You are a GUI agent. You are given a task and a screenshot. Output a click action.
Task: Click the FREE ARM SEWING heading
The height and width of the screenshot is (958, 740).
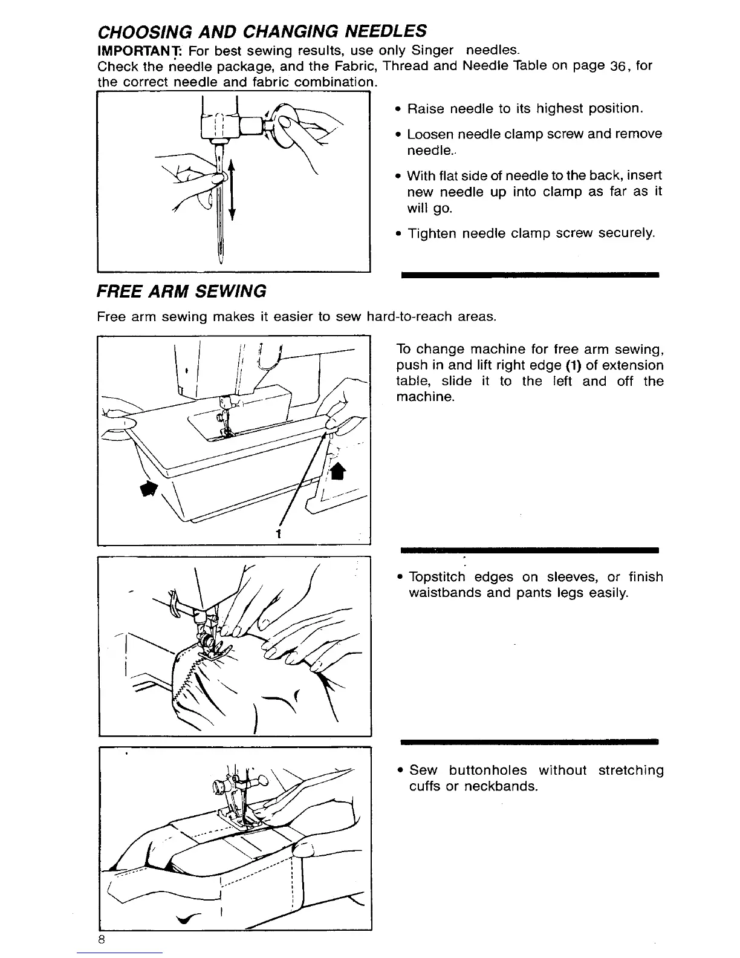[x=181, y=292]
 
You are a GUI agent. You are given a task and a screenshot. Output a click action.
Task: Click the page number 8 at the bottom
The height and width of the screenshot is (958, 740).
[x=102, y=939]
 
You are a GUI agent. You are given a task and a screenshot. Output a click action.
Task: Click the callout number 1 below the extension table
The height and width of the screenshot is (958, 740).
[x=279, y=534]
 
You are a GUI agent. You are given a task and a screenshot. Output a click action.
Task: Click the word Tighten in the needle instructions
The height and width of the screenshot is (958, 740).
[x=432, y=233]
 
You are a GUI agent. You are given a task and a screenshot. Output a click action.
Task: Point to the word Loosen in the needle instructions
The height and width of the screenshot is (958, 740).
[x=430, y=134]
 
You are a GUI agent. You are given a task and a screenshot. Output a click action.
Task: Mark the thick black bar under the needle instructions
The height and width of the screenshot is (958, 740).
[x=529, y=275]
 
